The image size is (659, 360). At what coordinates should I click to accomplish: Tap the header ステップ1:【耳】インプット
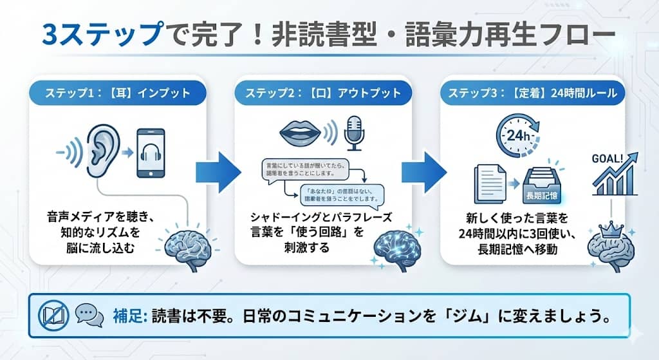(x=117, y=93)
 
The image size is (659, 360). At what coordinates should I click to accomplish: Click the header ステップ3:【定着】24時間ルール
(x=533, y=93)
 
